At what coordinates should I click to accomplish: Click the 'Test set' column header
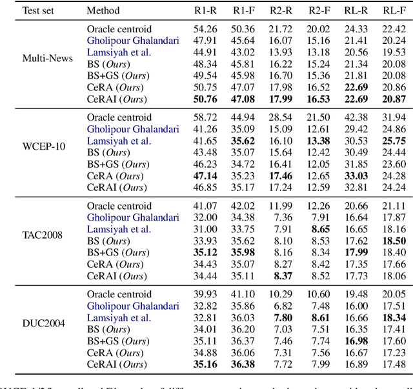(42, 11)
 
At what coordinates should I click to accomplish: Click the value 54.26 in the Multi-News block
(205, 29)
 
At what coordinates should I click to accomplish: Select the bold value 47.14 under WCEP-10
(205, 175)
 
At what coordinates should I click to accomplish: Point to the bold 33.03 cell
(356, 175)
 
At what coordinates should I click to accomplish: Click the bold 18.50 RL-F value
(394, 241)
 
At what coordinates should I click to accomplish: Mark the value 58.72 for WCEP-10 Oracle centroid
(205, 117)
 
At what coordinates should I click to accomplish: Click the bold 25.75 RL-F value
(394, 141)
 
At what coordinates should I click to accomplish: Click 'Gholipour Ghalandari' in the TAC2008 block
(133, 217)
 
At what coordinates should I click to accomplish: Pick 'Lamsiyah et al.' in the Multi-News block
(119, 52)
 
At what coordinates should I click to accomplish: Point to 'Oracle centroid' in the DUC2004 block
(119, 294)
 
